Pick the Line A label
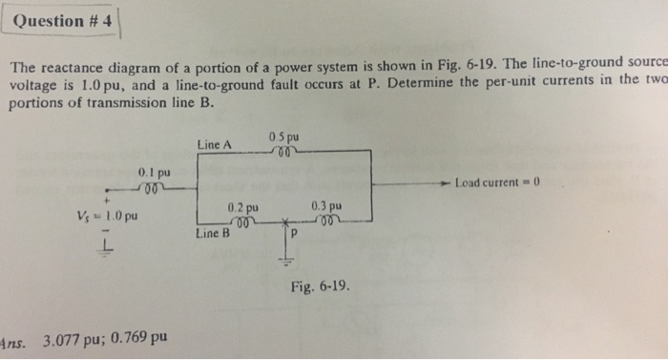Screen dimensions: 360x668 [x=215, y=144]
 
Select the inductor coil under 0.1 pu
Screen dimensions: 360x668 [x=154, y=186]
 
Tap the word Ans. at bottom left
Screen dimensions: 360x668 [x=13, y=338]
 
